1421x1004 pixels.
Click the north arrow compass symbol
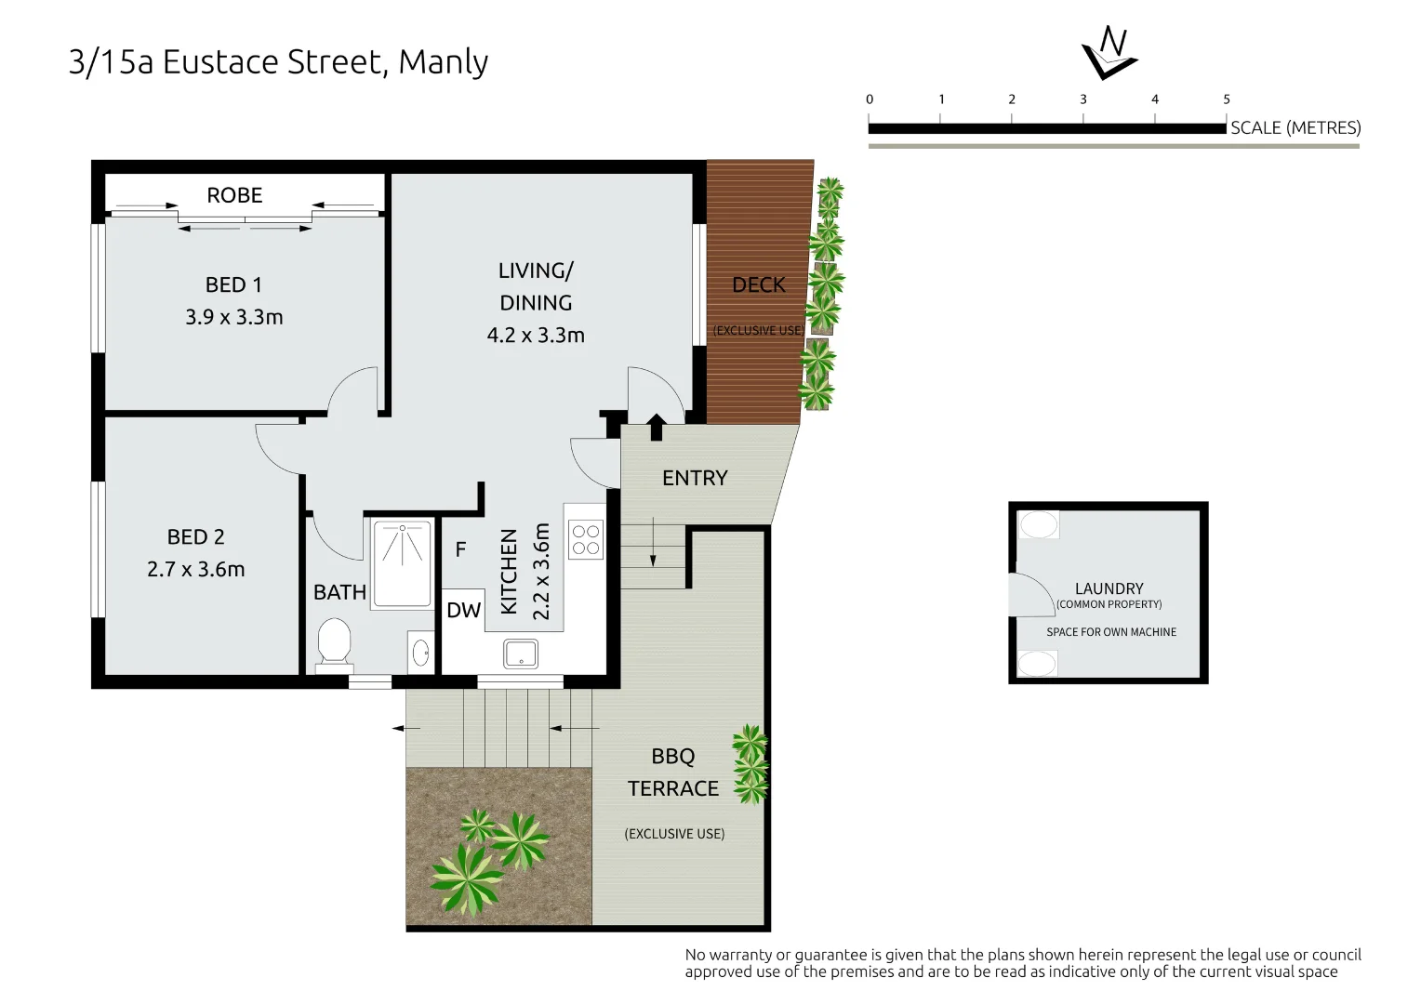coord(1109,53)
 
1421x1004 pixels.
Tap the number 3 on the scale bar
coord(1082,99)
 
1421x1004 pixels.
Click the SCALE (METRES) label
coord(1295,128)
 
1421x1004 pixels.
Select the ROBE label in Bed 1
coord(234,195)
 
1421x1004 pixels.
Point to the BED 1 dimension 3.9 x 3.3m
coord(234,317)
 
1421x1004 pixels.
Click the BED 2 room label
coord(195,537)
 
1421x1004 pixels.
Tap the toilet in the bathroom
coord(334,644)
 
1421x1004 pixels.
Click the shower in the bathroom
coord(402,563)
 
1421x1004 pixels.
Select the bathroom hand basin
coord(420,652)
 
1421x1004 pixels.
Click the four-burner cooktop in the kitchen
coord(586,540)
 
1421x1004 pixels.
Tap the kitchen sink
coord(521,654)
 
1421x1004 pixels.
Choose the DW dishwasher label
coord(463,611)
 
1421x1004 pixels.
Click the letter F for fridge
coord(460,549)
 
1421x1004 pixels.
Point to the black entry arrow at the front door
coord(656,426)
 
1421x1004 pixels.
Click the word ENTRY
coord(695,478)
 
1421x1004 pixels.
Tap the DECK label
coord(758,285)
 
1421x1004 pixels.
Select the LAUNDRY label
coord(1109,588)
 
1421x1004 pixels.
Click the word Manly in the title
coord(443,62)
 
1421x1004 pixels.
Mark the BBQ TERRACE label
coord(672,773)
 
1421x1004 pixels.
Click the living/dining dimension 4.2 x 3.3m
coord(536,336)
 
